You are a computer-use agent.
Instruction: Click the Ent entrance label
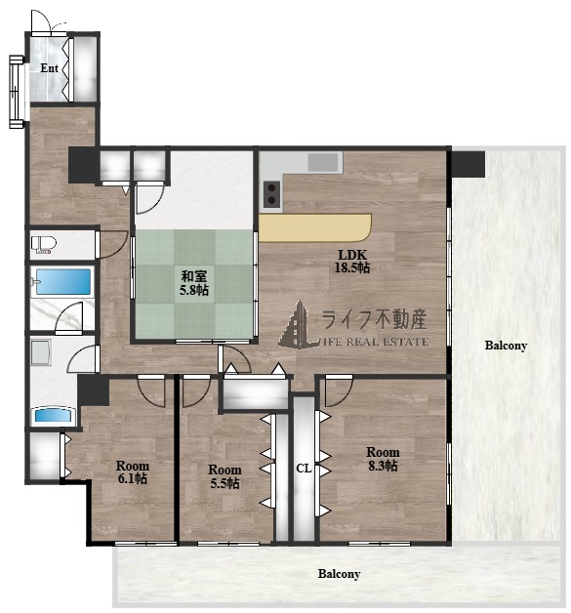49,68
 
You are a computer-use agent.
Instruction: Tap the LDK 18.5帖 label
352,262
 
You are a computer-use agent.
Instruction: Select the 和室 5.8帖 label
194,283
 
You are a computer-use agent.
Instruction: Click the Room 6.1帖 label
133,472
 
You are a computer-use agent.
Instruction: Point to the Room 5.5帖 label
224,476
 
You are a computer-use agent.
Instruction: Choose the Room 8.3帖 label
383,459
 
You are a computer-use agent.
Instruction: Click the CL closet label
304,469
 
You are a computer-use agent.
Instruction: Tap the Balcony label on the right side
506,346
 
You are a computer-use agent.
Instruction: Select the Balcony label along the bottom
339,574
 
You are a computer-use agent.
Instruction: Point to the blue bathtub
62,281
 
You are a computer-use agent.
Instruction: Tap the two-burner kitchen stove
271,194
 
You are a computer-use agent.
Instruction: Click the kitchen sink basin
323,162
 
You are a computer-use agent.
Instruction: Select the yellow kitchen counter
315,227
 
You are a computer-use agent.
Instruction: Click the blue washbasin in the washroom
53,415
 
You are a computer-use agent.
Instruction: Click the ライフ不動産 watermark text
374,319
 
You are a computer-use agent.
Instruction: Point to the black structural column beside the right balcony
469,164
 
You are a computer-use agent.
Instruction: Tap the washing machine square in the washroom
41,352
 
